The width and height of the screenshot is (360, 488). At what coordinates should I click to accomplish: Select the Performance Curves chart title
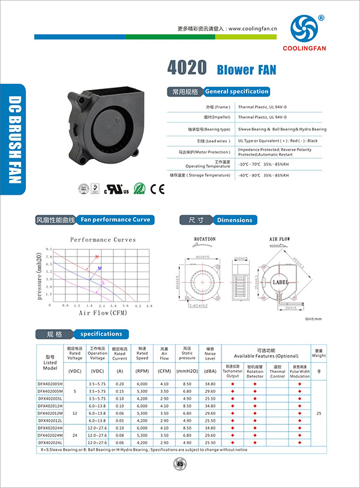[x=103, y=240]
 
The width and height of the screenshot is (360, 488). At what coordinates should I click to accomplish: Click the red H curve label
[x=97, y=257]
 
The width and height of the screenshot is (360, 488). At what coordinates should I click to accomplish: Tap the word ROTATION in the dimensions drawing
[x=205, y=239]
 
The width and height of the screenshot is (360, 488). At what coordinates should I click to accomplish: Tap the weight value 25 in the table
[x=319, y=413]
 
